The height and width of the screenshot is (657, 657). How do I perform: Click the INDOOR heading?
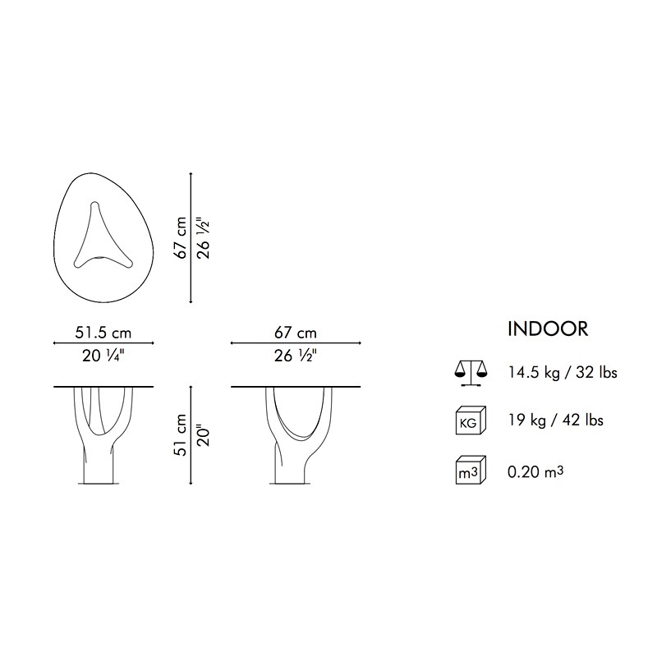coord(548,329)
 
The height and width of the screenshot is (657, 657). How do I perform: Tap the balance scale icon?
coord(471,373)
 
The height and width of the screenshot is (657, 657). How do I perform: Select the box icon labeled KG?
coord(471,420)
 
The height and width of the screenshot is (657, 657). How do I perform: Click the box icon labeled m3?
coord(471,470)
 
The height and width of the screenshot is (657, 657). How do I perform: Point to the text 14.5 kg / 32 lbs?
coord(563,373)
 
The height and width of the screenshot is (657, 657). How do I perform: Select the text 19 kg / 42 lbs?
coord(556,420)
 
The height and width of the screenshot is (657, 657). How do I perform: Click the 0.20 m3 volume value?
coord(535,471)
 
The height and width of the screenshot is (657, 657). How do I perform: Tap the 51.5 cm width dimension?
coord(103,333)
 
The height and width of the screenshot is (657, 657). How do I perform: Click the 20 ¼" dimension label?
coord(103,356)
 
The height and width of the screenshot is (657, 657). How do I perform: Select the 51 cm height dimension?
coord(181,435)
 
